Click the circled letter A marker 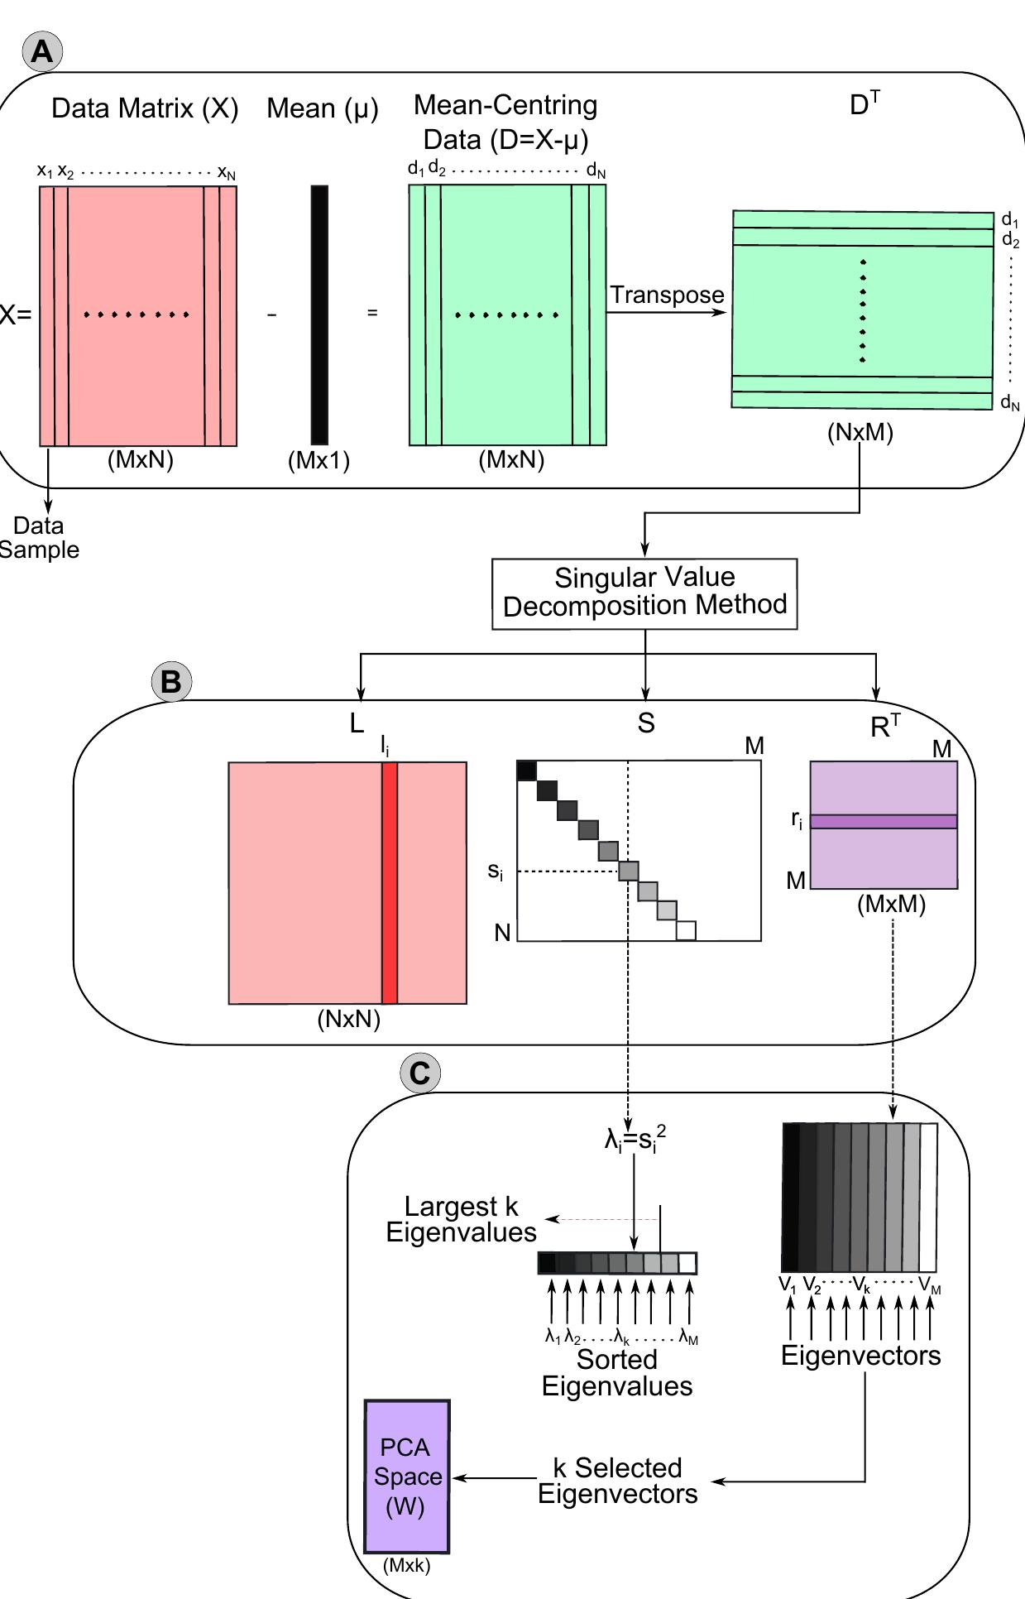42,52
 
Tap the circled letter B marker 171,682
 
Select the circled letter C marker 420,1073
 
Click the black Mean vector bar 319,315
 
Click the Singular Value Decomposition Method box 644,593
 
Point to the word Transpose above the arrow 667,295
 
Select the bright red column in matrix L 390,882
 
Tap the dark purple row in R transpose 884,822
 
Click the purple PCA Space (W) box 407,1477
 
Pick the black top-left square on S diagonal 527,771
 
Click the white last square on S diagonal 686,931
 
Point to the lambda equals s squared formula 635,1139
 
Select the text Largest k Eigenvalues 461,1219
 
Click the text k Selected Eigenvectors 617,1481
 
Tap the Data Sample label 38,537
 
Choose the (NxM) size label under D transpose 860,432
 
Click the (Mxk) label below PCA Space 407,1565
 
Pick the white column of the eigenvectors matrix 928,1197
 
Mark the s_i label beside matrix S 495,872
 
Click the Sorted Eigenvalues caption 617,1373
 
